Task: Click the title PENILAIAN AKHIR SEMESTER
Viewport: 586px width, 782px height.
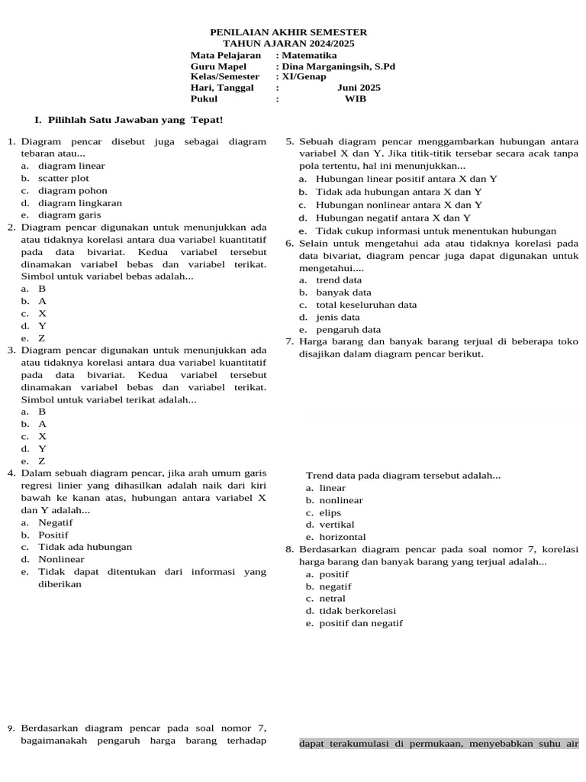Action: (288, 32)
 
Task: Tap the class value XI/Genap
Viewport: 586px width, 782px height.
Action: (304, 76)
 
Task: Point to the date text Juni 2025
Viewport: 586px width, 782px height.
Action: (359, 87)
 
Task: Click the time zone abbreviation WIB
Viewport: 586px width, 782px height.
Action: (356, 99)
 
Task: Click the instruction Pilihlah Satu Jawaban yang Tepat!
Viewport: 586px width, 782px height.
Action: (135, 120)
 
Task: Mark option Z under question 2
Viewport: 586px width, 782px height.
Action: (42, 338)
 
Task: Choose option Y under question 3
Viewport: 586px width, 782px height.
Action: (42, 449)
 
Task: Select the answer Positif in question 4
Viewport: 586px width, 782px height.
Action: (53, 535)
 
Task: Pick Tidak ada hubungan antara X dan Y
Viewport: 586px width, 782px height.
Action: (398, 192)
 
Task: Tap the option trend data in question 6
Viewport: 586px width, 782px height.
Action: (339, 280)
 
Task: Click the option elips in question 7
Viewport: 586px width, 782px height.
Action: (330, 512)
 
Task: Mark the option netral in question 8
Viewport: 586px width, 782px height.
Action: (332, 599)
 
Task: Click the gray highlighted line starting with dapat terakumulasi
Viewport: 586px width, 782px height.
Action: (439, 744)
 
